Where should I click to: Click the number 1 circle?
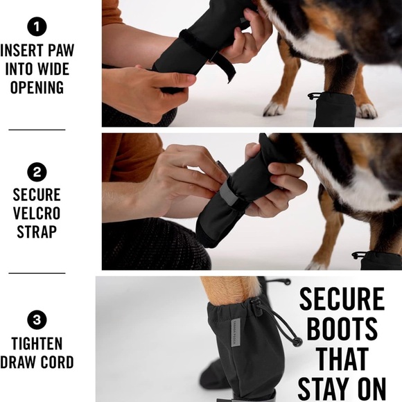(x=37, y=28)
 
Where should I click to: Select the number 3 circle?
(x=37, y=320)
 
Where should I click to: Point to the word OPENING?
(x=37, y=88)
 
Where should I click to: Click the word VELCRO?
(x=37, y=213)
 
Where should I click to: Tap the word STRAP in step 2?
(x=37, y=231)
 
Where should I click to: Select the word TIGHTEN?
(x=37, y=344)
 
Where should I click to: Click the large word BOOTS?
(x=342, y=329)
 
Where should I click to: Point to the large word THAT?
(x=342, y=358)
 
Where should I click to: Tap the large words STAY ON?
(x=342, y=387)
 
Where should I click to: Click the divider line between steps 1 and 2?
(x=37, y=130)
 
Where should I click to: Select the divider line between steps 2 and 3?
(x=37, y=273)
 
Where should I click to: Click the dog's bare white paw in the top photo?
(x=274, y=109)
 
